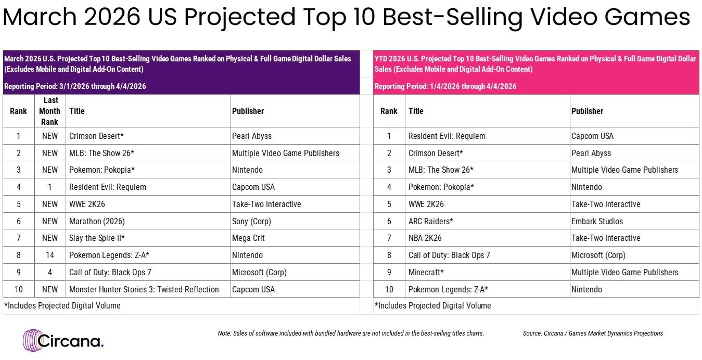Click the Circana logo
tap(63, 340)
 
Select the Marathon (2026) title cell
tap(97, 221)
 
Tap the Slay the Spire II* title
tap(97, 238)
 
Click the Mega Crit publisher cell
tap(248, 238)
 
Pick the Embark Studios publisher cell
tap(597, 221)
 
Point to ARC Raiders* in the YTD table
tap(430, 221)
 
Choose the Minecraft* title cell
tap(426, 272)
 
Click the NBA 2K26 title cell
tap(425, 238)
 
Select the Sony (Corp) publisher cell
tap(251, 221)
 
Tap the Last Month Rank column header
tap(50, 111)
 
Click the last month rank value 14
tap(50, 255)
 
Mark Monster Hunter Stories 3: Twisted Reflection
tap(144, 289)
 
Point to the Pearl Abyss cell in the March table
tap(252, 136)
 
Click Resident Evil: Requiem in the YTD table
tap(446, 136)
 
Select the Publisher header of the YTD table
tap(587, 111)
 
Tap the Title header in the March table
tap(77, 111)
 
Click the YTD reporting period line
tap(445, 86)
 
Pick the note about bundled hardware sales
tap(351, 333)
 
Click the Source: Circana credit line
tap(593, 333)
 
